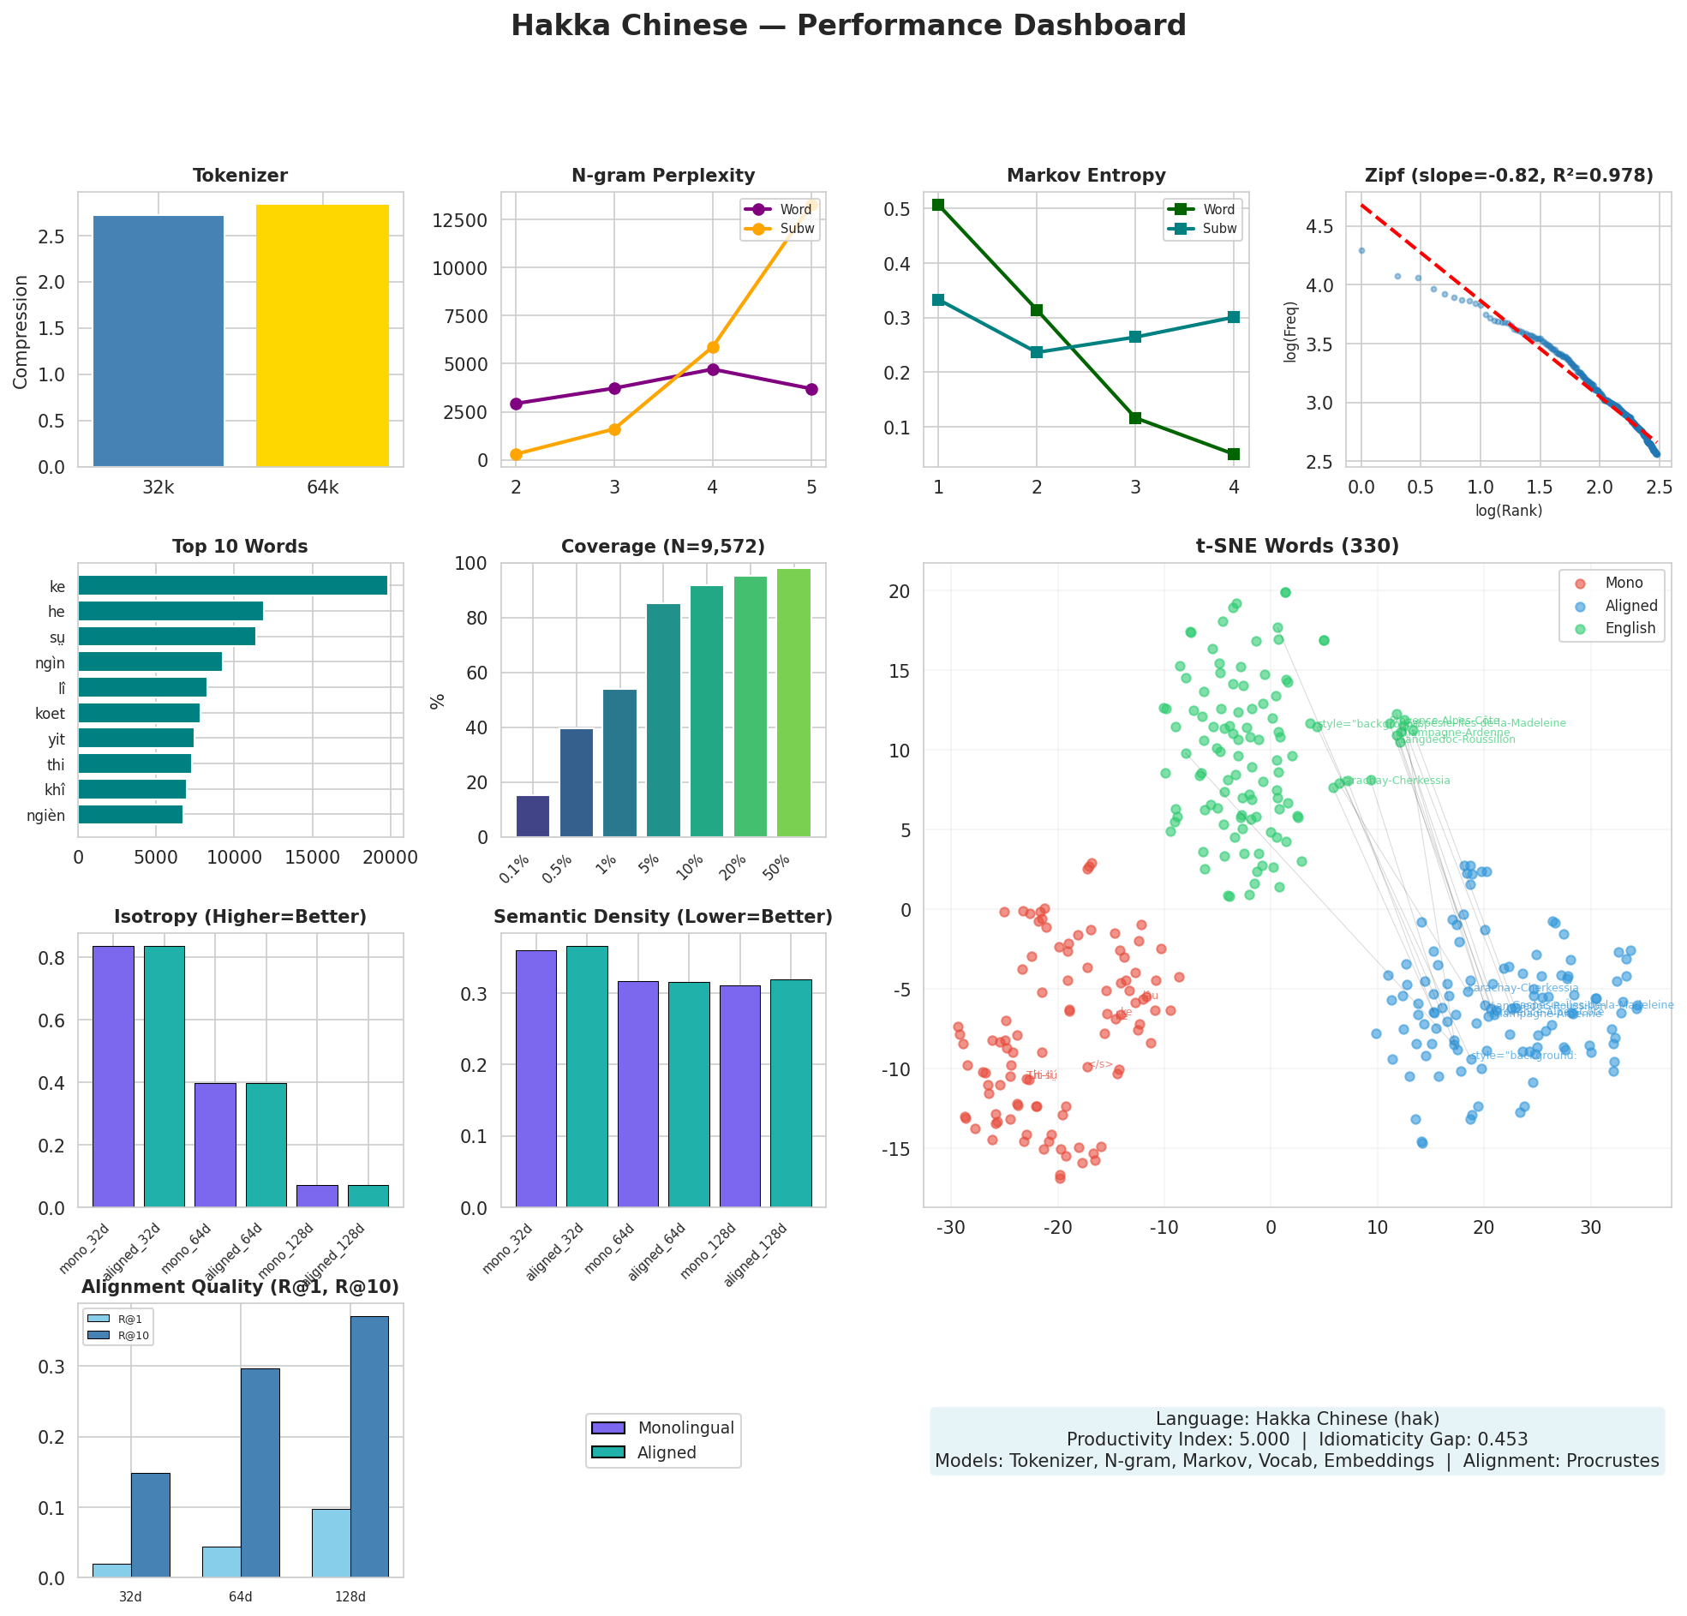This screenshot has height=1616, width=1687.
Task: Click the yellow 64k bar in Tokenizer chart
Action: [x=322, y=336]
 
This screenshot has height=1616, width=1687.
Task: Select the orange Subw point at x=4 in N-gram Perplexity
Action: [x=713, y=347]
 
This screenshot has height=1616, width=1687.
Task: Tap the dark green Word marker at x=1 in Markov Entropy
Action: [x=938, y=205]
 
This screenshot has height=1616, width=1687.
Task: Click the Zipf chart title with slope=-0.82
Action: [x=1509, y=176]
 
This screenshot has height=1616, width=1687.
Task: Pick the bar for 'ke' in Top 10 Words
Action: [x=232, y=586]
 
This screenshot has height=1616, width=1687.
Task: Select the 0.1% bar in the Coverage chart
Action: [x=533, y=816]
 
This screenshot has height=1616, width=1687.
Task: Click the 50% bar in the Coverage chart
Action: [x=793, y=703]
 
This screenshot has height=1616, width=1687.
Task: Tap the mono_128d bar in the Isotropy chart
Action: [x=317, y=1196]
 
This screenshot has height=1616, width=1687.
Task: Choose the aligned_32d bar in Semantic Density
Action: [x=587, y=1076]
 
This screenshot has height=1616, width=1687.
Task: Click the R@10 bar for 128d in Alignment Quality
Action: [x=369, y=1446]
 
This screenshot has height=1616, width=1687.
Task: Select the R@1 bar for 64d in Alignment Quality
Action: [x=221, y=1561]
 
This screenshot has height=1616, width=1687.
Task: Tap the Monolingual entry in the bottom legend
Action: [x=685, y=1427]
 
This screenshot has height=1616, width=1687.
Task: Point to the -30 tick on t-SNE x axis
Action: [x=950, y=1228]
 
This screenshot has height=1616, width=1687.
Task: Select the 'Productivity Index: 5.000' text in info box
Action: [x=1177, y=1439]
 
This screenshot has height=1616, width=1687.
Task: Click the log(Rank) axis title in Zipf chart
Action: [x=1508, y=511]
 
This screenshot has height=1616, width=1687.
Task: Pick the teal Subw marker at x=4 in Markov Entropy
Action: [x=1234, y=317]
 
